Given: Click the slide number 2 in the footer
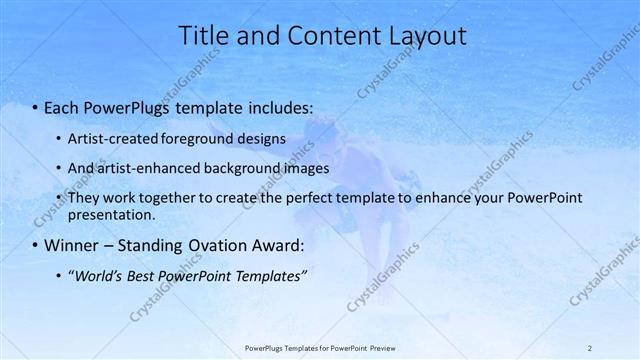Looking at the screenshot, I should [589, 347].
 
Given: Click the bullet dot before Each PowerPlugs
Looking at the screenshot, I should [36, 106].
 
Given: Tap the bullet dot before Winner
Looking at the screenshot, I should [36, 246].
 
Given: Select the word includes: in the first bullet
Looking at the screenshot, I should [276, 106].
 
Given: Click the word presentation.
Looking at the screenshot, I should [111, 214].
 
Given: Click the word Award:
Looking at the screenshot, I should [275, 246].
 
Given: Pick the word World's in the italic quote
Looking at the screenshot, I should [99, 276].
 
